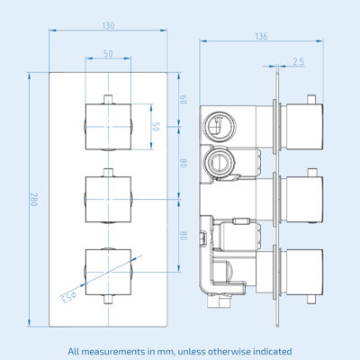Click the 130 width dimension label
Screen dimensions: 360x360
pos(108,25)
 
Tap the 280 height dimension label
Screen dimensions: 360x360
pos(33,199)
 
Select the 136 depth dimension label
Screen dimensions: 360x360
pos(261,36)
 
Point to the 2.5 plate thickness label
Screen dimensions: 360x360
pos(298,62)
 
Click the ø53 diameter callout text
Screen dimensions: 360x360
pos(68,297)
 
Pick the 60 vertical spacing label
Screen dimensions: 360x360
pos(184,100)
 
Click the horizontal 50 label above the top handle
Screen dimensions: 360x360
pos(108,54)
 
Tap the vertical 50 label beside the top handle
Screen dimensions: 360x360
pos(156,127)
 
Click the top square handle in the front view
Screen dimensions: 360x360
pos(108,127)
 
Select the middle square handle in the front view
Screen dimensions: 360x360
pos(108,199)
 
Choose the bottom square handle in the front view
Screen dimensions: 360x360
pos(108,272)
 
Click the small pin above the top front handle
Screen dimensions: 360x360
pos(108,100)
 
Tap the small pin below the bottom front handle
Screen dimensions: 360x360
pos(108,299)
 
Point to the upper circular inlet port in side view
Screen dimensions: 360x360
pos(220,126)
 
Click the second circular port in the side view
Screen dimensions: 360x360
pos(220,163)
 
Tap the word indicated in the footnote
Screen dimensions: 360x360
pos(273,351)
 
